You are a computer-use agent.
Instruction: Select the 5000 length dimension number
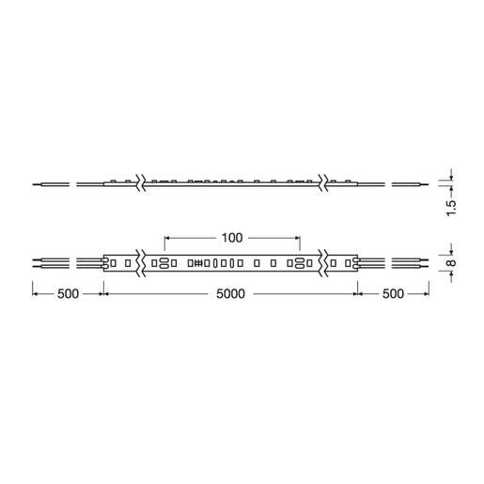point(229,294)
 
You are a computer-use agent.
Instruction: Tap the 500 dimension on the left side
point(67,294)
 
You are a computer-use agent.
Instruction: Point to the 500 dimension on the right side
point(393,294)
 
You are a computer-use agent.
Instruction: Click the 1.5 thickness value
point(451,206)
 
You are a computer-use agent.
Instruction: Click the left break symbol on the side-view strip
point(141,182)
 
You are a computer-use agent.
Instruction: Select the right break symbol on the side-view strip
point(323,182)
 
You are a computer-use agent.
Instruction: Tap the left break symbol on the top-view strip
point(141,262)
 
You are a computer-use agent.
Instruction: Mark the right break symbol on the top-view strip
point(323,262)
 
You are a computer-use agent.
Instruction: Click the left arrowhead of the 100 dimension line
point(167,238)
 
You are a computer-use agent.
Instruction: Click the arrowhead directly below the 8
point(451,276)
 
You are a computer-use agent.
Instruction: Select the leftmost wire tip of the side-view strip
point(36,183)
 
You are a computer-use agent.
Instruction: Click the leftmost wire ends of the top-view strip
point(36,262)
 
